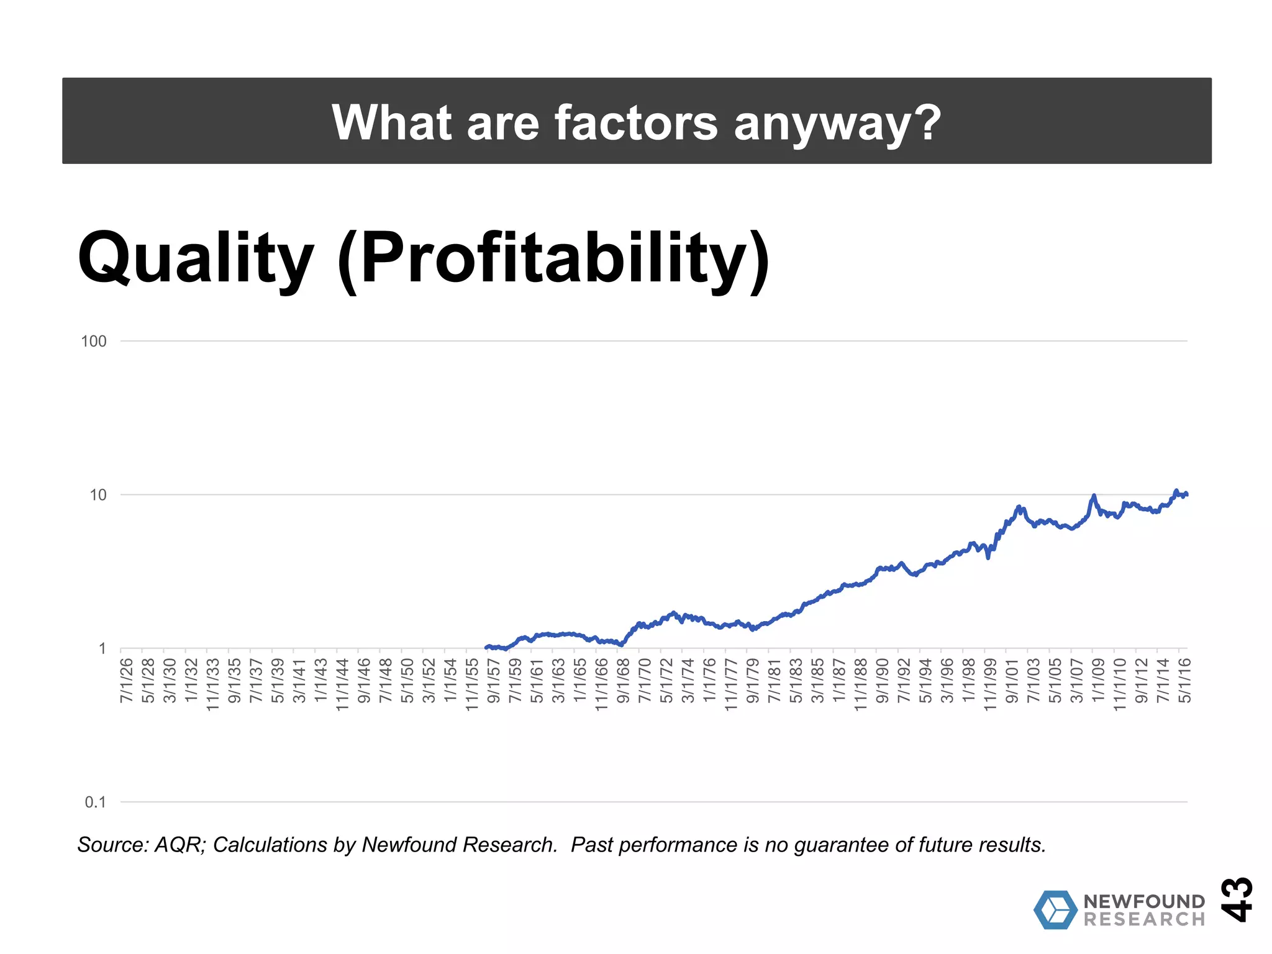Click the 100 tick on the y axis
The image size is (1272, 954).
coord(94,341)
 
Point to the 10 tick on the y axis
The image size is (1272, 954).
coord(98,495)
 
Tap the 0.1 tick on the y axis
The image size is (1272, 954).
coord(96,802)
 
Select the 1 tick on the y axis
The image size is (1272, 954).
coord(102,649)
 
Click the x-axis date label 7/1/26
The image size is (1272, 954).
coord(127,681)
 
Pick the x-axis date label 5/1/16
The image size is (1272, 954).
coord(1185,681)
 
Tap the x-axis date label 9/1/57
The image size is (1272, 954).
coord(494,681)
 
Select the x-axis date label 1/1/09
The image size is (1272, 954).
coord(1099,681)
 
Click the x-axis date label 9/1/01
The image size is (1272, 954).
coord(1012,681)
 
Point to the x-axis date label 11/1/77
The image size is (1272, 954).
coord(731,684)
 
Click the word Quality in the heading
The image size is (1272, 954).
coord(195,257)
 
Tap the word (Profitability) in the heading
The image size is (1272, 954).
coord(553,260)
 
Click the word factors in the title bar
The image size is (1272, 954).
coord(635,122)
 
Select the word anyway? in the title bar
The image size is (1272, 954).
coord(837,124)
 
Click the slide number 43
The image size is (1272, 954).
coord(1237,899)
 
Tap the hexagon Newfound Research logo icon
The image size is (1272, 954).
coord(1055,910)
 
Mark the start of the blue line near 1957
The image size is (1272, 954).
coord(486,647)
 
